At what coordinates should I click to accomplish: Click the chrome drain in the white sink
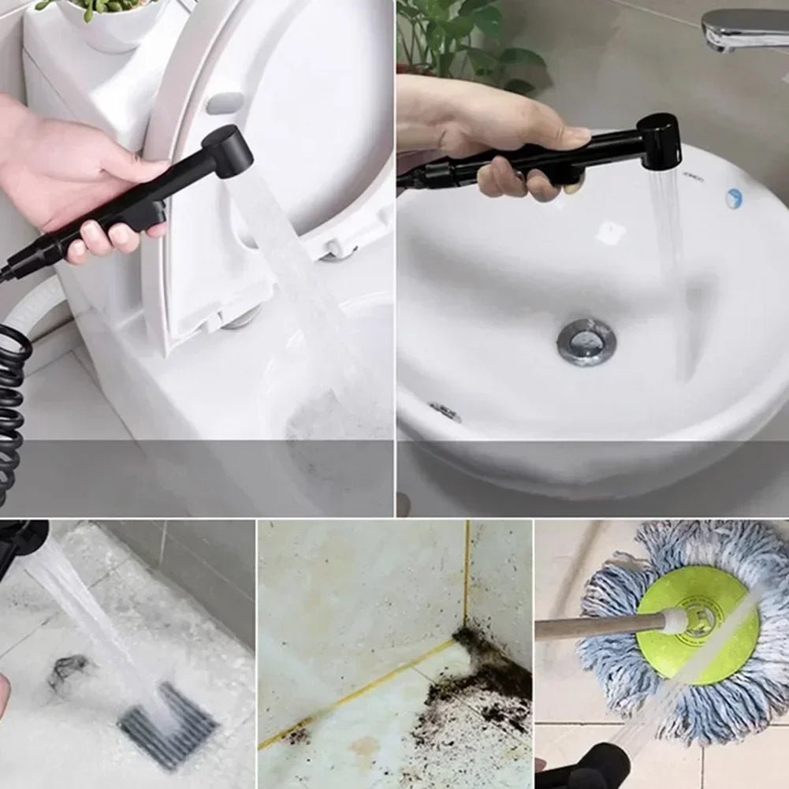click(x=586, y=341)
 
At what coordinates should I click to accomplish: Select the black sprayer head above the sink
click(x=658, y=141)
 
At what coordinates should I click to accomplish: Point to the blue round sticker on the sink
click(x=734, y=198)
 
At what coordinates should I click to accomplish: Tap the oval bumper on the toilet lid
click(x=227, y=103)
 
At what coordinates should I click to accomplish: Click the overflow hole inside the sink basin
click(x=445, y=411)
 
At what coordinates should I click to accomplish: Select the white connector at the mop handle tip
click(x=675, y=621)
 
